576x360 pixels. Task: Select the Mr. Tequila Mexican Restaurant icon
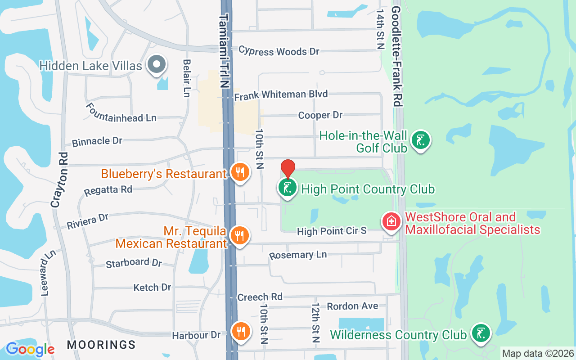240,235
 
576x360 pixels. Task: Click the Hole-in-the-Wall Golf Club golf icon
420,140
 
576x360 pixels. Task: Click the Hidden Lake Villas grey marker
156,64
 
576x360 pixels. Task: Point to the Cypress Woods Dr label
279,51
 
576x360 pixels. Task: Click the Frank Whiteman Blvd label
281,94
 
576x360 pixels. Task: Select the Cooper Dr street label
320,115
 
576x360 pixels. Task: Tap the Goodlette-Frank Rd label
396,56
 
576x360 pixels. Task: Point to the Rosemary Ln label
298,255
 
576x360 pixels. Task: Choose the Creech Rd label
260,297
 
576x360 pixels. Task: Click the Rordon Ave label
352,306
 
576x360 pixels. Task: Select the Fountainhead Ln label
121,112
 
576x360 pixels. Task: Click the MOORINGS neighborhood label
101,345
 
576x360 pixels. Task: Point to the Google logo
30,349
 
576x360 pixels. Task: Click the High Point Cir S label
332,231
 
